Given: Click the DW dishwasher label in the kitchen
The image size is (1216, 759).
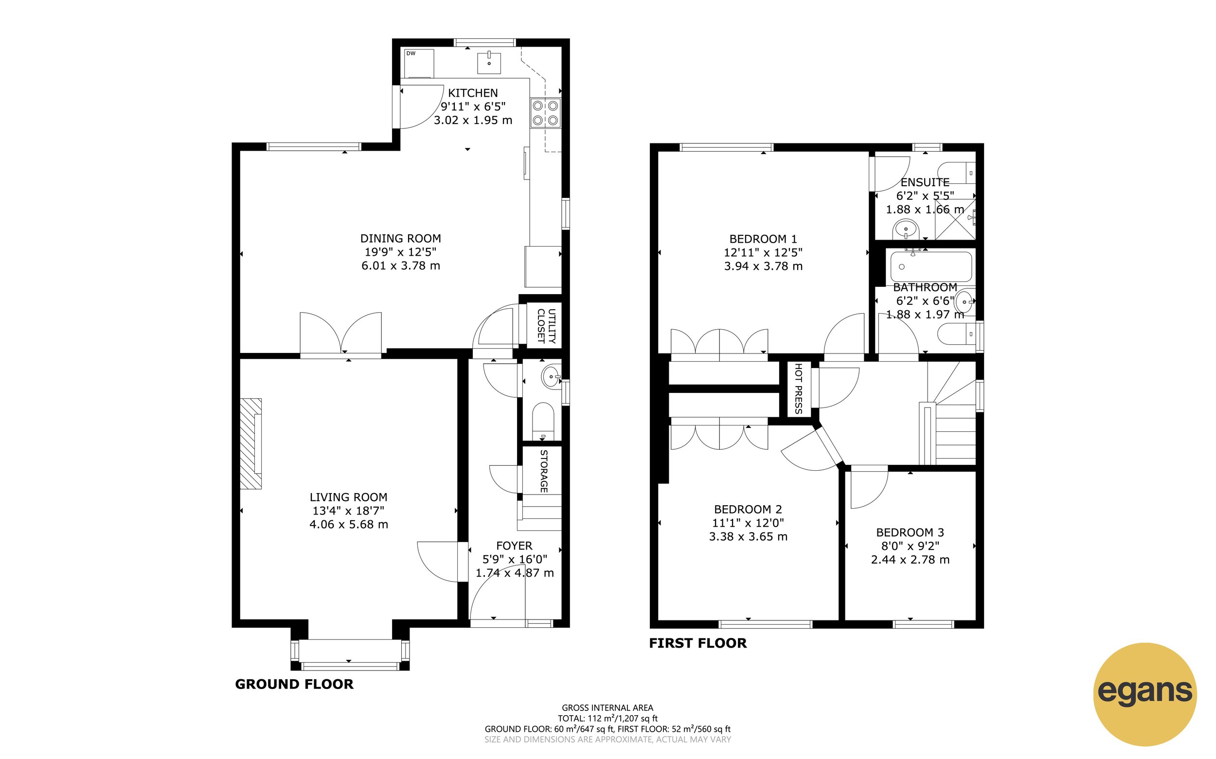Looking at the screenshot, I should click(411, 53).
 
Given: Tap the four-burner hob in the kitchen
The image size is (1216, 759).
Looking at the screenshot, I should click(545, 113).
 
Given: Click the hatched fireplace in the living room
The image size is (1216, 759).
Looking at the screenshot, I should click(250, 444).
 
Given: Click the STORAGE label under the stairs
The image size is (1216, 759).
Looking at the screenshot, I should click(543, 470).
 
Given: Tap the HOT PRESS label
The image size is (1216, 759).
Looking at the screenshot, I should click(798, 388).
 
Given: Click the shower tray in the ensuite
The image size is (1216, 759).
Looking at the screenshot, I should click(955, 219).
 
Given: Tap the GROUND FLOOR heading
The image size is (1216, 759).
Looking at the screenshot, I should click(294, 684).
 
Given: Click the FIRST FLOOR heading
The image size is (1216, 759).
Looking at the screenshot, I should click(697, 643).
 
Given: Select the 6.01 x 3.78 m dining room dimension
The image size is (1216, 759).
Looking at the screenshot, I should click(401, 265).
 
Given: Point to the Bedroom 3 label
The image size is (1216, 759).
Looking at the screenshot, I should click(910, 532).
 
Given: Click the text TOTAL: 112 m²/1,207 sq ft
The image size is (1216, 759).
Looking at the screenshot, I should click(608, 718).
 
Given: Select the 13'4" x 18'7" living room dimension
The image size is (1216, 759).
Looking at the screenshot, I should click(348, 511).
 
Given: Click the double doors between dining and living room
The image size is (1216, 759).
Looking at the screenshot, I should click(341, 334).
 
